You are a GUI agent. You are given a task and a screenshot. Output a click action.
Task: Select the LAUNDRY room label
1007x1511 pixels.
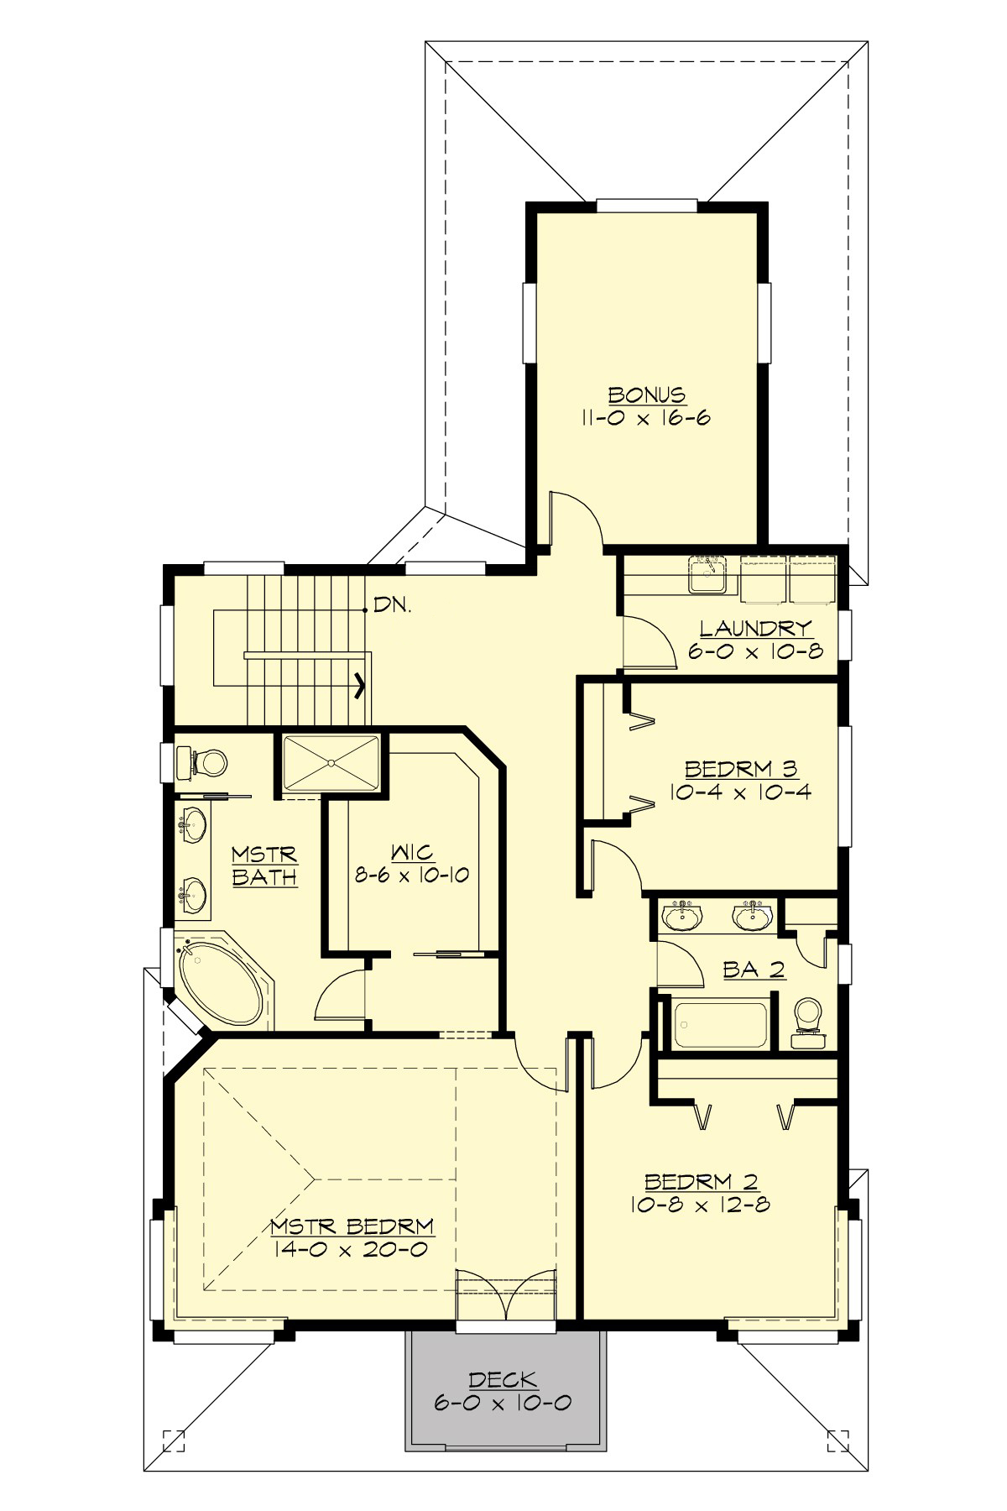pos(756,627)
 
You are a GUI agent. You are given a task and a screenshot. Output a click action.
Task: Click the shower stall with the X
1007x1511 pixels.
pos(331,762)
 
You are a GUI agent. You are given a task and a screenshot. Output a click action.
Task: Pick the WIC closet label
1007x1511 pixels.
pos(412,853)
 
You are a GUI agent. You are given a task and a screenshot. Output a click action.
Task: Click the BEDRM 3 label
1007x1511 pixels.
pos(739,768)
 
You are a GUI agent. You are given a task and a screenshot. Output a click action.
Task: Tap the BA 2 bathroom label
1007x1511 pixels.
pos(754,970)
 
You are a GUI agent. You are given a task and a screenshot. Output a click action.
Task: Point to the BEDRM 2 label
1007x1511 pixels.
pos(702,1182)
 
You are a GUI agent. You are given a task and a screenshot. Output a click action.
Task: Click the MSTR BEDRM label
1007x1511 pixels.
pos(352,1226)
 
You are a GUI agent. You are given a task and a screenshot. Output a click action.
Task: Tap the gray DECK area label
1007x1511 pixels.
pos(503,1379)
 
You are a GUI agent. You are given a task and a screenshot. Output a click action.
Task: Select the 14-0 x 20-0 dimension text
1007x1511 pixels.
pos(352,1249)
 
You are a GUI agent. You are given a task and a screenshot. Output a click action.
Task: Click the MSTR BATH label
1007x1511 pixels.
pos(264,866)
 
